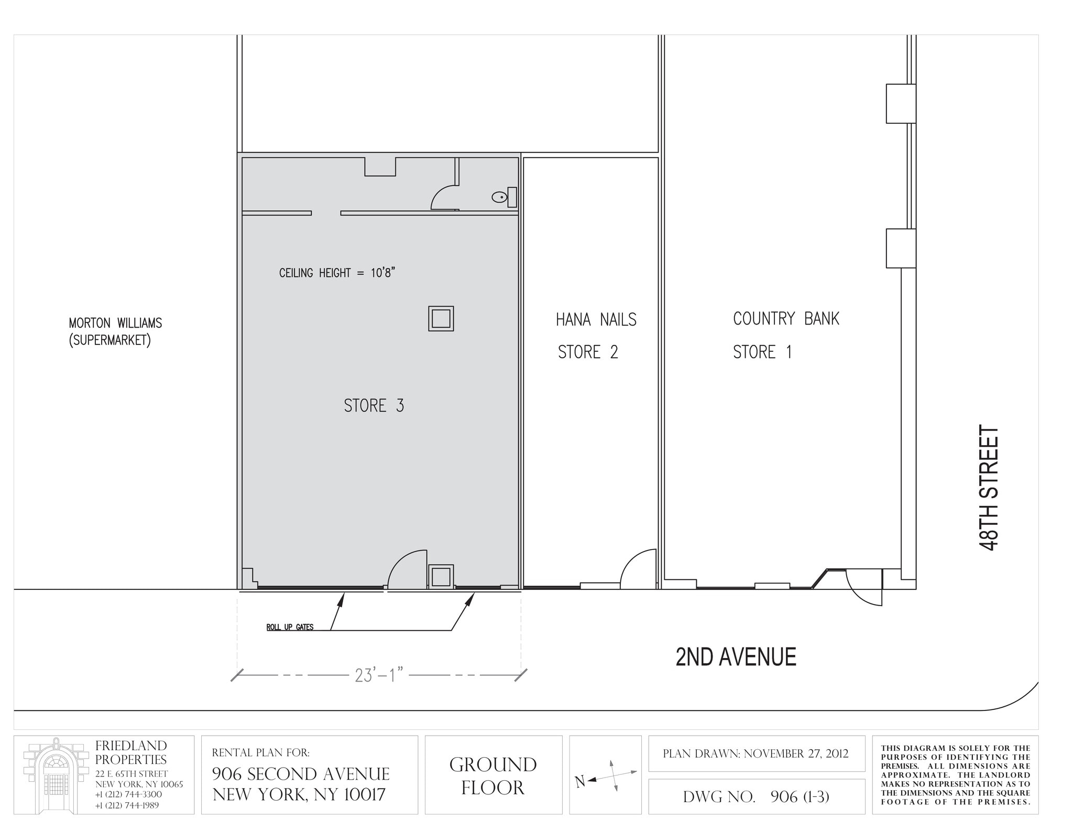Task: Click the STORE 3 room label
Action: pos(374,406)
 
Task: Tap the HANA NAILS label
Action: pos(596,319)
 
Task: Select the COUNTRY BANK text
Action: pos(785,318)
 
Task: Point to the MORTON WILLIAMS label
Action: pos(115,323)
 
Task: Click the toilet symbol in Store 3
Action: pos(500,197)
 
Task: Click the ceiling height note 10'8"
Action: pos(337,273)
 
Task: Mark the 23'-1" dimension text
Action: pos(379,675)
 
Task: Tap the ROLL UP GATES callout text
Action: pos(290,627)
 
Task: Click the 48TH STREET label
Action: pos(989,488)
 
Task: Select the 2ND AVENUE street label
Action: pos(736,657)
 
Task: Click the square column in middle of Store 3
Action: pos(441,318)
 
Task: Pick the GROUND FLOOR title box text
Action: pos(492,776)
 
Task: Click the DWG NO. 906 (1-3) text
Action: pos(756,797)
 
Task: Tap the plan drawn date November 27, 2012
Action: pos(756,754)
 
